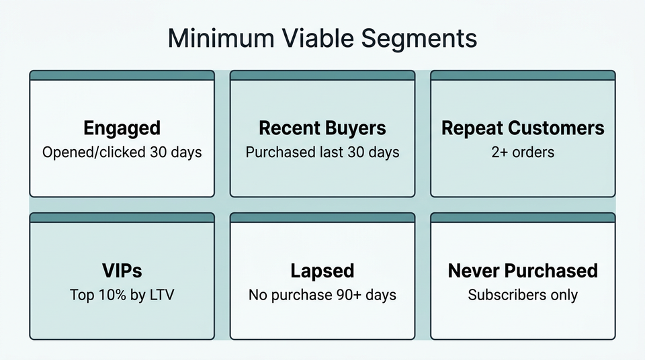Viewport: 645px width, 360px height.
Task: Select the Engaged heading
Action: click(x=122, y=128)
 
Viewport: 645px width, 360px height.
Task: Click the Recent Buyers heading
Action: click(x=322, y=128)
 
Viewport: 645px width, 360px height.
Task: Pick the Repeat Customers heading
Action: click(x=523, y=128)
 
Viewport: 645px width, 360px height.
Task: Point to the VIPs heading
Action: click(x=122, y=271)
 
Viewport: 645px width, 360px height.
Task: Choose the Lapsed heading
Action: click(x=322, y=271)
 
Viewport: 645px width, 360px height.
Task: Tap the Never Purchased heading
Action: click(x=523, y=271)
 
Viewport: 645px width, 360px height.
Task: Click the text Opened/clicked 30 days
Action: click(x=122, y=152)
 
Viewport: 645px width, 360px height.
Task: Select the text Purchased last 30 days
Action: click(x=322, y=152)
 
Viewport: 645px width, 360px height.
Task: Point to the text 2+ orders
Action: click(x=523, y=152)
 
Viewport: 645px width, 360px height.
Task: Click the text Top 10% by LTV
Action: click(x=122, y=294)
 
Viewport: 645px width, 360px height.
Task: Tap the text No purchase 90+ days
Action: click(x=322, y=294)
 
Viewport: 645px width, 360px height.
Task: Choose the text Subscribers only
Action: click(x=523, y=294)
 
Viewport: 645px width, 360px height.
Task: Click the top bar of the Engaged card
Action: click(x=122, y=75)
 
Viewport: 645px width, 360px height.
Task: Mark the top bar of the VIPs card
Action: click(x=122, y=218)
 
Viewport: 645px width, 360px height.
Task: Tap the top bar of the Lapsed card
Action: click(x=322, y=218)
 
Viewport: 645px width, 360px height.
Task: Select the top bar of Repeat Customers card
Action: click(x=523, y=75)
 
